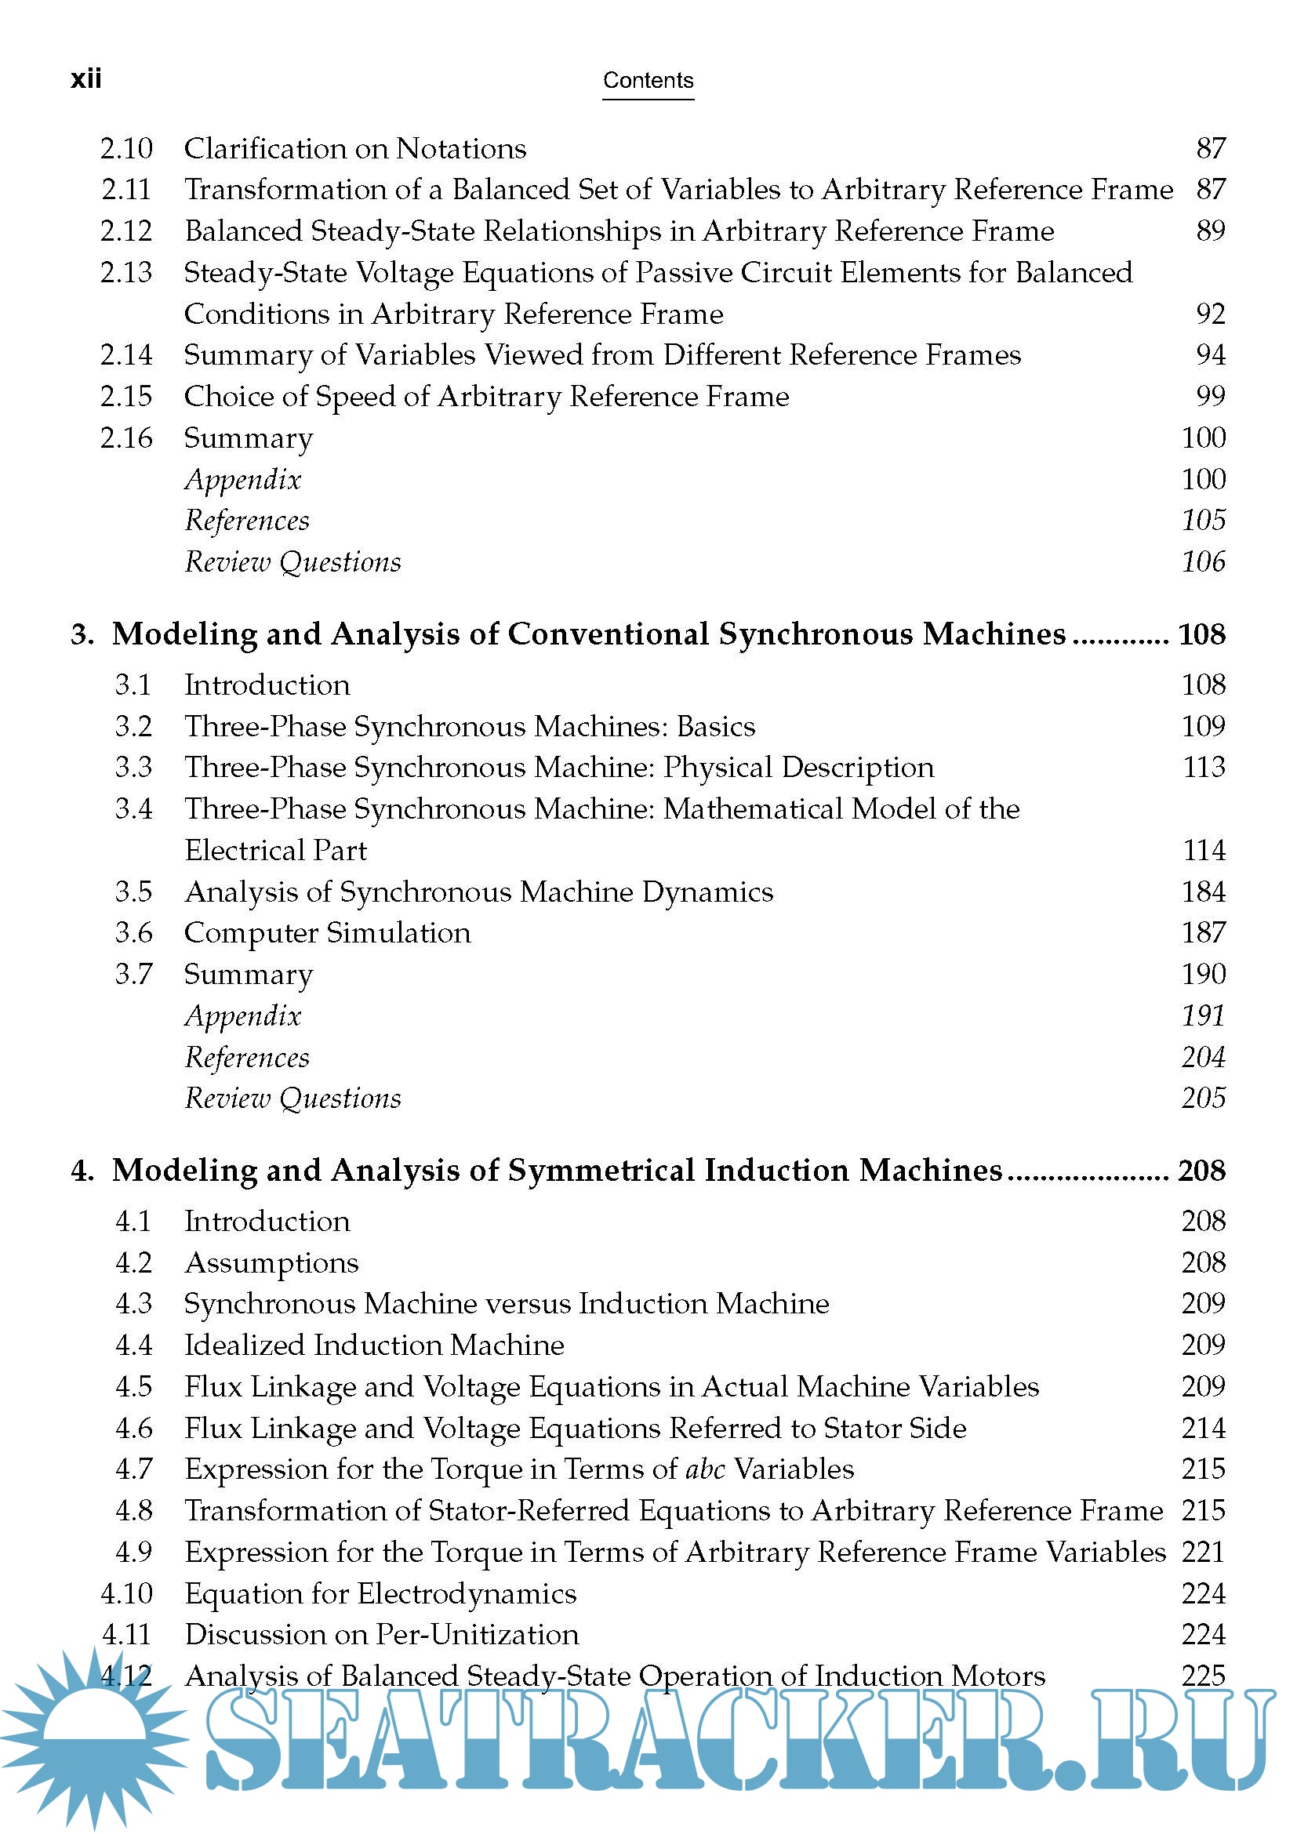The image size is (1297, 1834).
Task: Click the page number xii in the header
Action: click(86, 79)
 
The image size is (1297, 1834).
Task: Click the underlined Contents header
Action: click(648, 81)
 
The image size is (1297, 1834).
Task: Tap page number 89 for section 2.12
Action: click(1210, 231)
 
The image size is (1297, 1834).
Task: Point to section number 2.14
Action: click(126, 354)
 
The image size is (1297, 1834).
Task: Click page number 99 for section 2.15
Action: click(1210, 396)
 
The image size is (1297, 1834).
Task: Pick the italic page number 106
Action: click(1204, 561)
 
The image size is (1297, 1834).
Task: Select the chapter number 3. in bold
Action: click(82, 635)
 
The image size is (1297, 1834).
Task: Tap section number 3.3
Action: click(133, 767)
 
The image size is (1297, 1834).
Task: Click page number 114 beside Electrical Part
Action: click(1204, 850)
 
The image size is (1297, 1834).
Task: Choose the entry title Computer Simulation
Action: click(328, 933)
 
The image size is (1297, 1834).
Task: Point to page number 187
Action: click(1204, 932)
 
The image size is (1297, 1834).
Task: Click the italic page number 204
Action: click(1204, 1057)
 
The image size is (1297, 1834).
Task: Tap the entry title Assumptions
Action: click(271, 1263)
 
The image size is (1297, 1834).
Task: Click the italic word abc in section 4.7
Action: click(705, 1469)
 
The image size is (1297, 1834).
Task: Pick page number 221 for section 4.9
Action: click(1204, 1552)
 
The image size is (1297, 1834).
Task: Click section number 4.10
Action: click(126, 1593)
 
